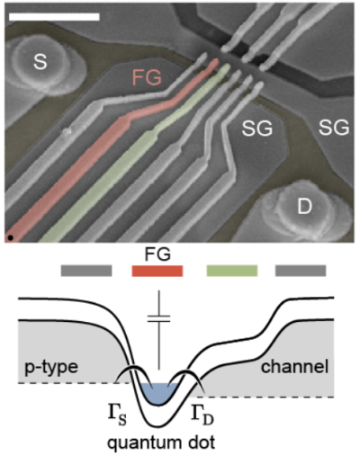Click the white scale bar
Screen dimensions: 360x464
tap(54, 16)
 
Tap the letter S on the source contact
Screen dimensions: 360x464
tap(40, 62)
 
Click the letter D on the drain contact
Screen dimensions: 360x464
tap(304, 207)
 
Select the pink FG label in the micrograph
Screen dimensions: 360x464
tap(147, 77)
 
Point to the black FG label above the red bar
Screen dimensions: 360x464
tap(157, 254)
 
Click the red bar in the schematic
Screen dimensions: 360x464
tap(157, 271)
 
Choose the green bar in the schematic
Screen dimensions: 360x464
tap(232, 271)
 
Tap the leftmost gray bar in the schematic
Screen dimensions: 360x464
tap(86, 271)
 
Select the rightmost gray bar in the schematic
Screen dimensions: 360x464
tap(301, 271)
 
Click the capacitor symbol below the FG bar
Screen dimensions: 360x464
tap(158, 318)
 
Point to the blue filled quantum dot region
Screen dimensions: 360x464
tap(158, 393)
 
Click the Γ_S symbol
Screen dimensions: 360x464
tap(117, 415)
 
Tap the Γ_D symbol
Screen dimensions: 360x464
tap(202, 415)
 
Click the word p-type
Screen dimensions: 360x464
tap(51, 366)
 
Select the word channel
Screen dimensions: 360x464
tap(295, 366)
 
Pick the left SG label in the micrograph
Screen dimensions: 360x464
tap(257, 129)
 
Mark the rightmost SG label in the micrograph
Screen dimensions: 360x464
tap(334, 128)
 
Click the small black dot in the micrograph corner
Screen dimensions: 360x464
tap(11, 237)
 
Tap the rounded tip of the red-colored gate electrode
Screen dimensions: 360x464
tap(215, 62)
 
